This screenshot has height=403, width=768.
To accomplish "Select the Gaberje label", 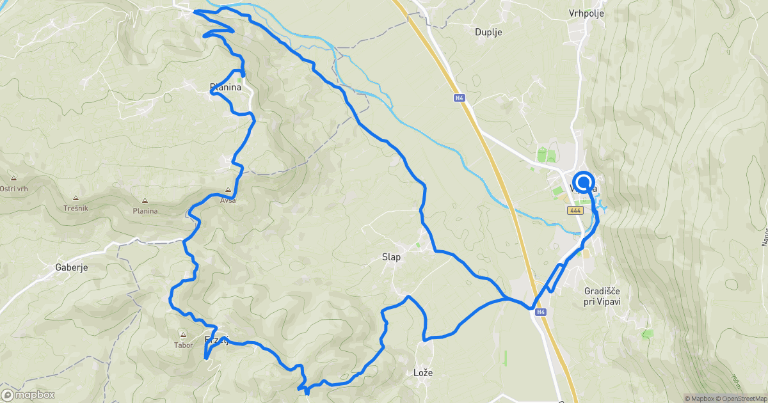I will [x=71, y=267].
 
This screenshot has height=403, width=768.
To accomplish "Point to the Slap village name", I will [x=391, y=257].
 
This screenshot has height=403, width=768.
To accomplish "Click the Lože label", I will [x=423, y=372].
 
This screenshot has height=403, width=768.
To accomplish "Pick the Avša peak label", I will [x=228, y=200].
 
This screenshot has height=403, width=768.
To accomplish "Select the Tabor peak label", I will [x=184, y=345].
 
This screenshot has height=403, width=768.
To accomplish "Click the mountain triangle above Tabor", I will [x=184, y=335].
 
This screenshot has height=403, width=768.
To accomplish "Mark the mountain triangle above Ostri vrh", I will [x=13, y=178].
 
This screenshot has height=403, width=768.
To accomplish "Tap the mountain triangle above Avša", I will [x=228, y=190].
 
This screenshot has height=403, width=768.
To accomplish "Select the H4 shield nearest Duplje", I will [x=460, y=98].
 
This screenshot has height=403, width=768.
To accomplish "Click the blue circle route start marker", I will [x=584, y=182].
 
